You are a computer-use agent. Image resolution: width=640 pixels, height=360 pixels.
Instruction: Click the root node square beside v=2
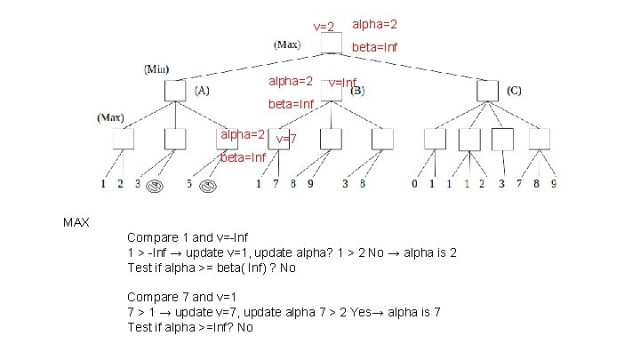[x=331, y=44]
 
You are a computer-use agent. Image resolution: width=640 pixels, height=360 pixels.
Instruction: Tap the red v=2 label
[x=324, y=28]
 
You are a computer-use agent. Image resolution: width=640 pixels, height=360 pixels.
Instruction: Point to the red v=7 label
[x=286, y=140]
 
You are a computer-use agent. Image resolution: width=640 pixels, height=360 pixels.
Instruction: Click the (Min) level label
[x=157, y=68]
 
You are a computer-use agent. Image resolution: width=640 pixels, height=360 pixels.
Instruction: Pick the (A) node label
[x=202, y=90]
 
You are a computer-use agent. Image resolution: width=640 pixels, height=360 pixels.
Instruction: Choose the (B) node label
[x=357, y=90]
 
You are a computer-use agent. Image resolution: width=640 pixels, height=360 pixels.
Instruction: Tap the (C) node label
[x=515, y=90]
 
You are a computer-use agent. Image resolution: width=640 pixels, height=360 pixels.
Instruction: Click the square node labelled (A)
[x=176, y=90]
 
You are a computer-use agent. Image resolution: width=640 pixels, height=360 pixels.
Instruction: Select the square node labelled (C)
[x=487, y=90]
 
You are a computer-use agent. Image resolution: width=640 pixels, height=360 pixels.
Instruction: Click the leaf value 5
[x=189, y=185]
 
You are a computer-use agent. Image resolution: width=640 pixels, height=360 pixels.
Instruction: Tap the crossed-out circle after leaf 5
[x=209, y=186]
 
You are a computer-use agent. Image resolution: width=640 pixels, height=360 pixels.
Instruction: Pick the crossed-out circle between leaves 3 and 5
[x=155, y=186]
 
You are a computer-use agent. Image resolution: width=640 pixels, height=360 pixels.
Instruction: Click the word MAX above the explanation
[x=76, y=221]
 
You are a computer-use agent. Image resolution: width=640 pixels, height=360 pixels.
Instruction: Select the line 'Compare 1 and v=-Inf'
[x=186, y=237]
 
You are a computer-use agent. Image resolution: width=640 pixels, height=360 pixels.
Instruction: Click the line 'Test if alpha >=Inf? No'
[x=190, y=327]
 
